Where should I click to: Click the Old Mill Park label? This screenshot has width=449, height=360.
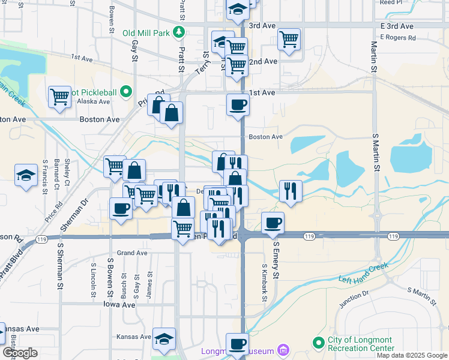146,33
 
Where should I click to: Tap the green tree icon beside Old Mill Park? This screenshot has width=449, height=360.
178,32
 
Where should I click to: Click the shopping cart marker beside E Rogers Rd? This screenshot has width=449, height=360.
289,40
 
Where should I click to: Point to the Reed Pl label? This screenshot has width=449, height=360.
391,2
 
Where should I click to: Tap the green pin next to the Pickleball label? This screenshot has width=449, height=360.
125,92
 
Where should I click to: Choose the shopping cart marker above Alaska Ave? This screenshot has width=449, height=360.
59,97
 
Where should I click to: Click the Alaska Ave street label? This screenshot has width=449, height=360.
94,102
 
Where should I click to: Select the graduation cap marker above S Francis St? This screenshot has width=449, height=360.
26,175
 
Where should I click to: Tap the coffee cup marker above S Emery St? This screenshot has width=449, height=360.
273,222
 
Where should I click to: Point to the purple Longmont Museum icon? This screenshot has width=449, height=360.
285,350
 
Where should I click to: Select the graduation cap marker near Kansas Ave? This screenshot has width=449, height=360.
163,338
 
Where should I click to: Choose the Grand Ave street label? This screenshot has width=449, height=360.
132,253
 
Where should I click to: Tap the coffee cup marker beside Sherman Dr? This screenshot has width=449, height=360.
121,208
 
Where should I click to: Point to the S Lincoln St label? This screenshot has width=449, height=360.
94,280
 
